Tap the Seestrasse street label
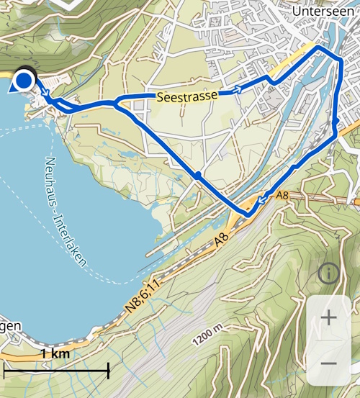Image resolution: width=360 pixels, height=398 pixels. [x=187, y=95]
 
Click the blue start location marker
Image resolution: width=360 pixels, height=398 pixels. [x=24, y=80]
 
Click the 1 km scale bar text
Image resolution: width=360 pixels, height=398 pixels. [x=55, y=354]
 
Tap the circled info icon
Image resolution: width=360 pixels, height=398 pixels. [x=329, y=273]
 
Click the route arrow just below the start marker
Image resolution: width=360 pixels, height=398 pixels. [x=43, y=94]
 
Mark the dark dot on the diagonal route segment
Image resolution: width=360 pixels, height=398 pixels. [x=197, y=175]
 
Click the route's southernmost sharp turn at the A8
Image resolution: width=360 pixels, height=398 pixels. [x=248, y=214]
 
